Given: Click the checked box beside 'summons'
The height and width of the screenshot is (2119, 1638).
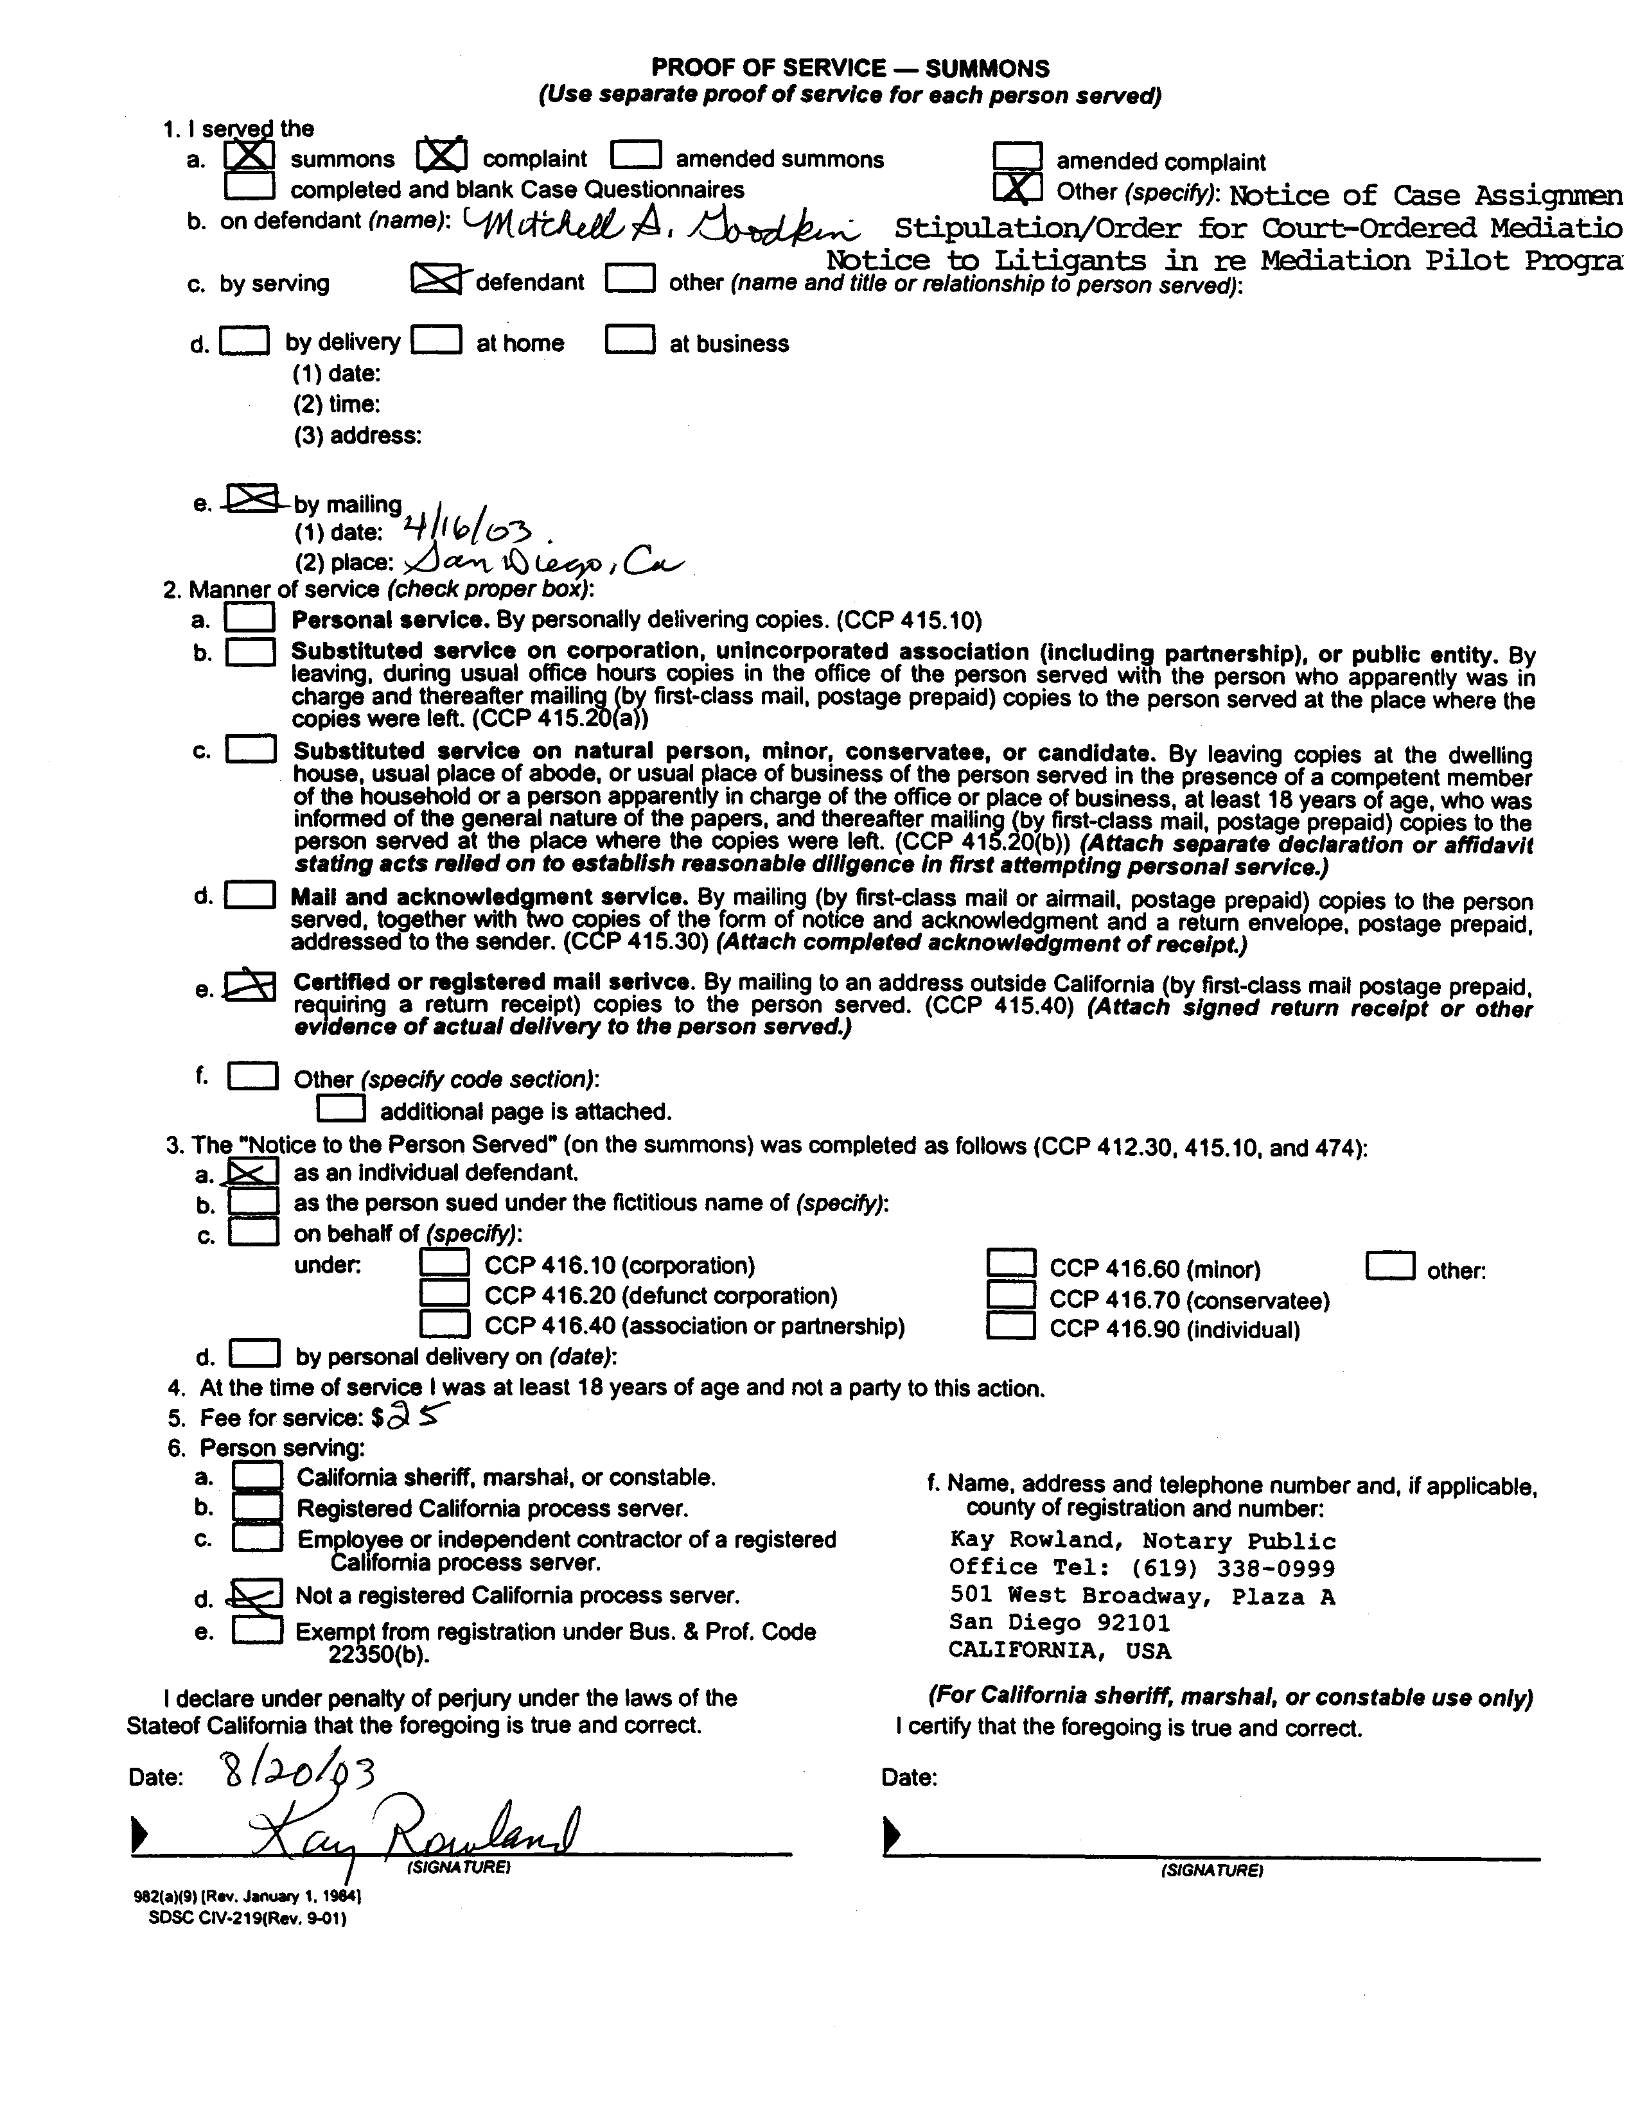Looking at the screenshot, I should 249,156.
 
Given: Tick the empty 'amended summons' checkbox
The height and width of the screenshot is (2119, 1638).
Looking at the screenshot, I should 637,156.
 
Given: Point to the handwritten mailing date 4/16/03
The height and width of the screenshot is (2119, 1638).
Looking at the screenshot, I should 470,530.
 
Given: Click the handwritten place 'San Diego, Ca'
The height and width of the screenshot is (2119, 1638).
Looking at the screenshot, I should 543,562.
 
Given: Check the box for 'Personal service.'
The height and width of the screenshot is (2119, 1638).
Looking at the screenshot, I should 249,618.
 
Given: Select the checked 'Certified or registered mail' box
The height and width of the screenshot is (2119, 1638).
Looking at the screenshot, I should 249,986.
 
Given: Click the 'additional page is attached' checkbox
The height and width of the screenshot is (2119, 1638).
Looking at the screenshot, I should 342,1108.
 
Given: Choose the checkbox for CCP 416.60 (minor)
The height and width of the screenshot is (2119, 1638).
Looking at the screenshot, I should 1011,1264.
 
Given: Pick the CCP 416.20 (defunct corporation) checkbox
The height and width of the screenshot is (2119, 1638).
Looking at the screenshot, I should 445,1295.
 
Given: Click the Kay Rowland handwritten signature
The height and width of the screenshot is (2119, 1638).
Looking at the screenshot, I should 418,1833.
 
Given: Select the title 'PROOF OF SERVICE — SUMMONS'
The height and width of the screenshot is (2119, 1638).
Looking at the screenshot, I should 850,68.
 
